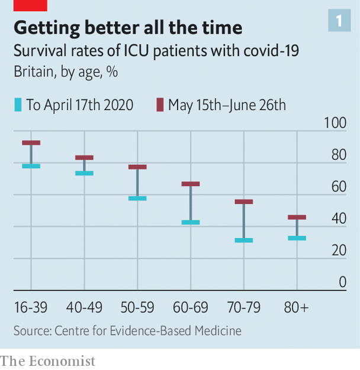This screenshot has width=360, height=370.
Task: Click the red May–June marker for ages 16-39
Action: click(x=31, y=143)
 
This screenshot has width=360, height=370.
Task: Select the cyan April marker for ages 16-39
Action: click(x=31, y=166)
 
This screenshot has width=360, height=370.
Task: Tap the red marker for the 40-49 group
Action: click(x=84, y=157)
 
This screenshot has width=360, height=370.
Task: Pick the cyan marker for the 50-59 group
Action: click(x=137, y=198)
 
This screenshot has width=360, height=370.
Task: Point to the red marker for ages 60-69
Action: click(x=191, y=184)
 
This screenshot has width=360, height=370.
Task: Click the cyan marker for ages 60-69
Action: click(x=191, y=222)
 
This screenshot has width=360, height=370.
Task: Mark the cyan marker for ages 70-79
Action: click(x=244, y=240)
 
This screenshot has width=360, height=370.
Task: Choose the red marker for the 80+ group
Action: click(x=297, y=217)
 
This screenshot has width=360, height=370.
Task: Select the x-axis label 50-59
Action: click(x=137, y=308)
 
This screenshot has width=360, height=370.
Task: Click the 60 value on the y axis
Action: click(x=339, y=187)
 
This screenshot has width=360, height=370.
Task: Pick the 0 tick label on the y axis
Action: click(x=342, y=282)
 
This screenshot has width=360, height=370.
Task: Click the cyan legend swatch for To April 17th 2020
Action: click(x=18, y=105)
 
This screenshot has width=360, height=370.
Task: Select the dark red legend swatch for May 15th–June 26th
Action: click(x=160, y=105)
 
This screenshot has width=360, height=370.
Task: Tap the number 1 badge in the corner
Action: click(x=339, y=21)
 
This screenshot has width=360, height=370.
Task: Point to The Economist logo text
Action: click(x=47, y=361)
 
